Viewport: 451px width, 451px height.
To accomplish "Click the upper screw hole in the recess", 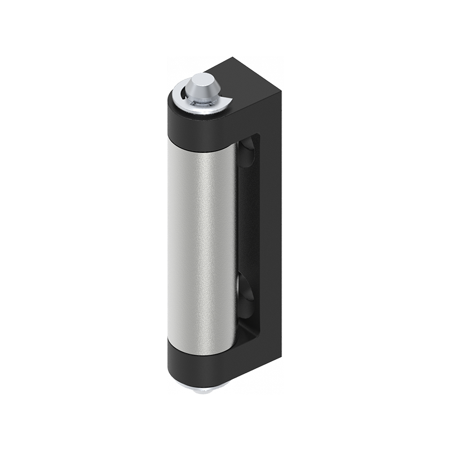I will click(246, 153).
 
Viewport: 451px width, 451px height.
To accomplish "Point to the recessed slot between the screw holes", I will click(246, 225).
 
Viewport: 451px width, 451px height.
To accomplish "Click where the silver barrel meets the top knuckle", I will click(200, 148).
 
